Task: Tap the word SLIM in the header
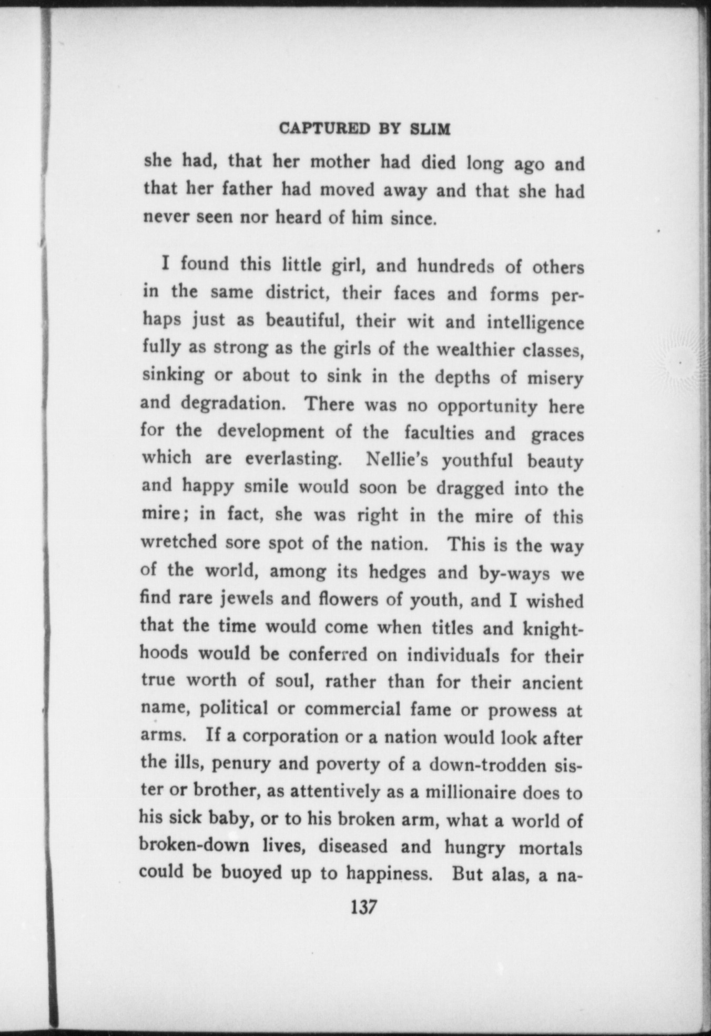click(430, 129)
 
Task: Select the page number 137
click(363, 907)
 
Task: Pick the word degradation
click(231, 404)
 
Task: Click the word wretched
click(179, 542)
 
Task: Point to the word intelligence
click(535, 322)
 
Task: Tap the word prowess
click(522, 710)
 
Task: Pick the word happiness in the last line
click(389, 874)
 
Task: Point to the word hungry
click(474, 847)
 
